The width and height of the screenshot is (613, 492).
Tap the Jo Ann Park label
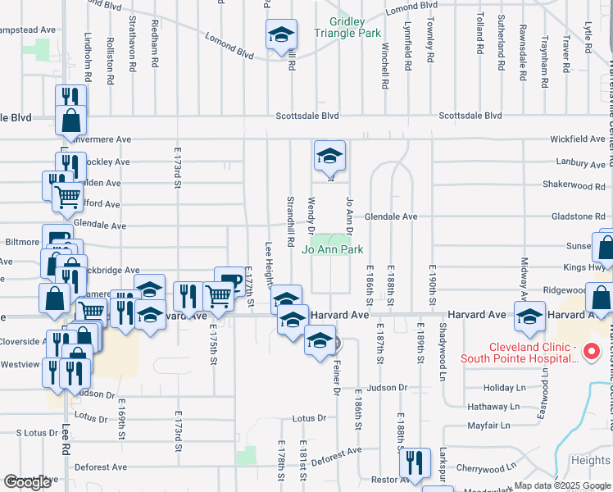point(334,249)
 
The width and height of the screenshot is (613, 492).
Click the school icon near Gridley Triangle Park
point(281,36)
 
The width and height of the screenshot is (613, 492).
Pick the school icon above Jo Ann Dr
point(329,156)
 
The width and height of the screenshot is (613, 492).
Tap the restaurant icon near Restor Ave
point(415,464)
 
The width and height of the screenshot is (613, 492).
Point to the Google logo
point(28,482)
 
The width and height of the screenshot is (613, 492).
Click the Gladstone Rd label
point(578,216)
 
